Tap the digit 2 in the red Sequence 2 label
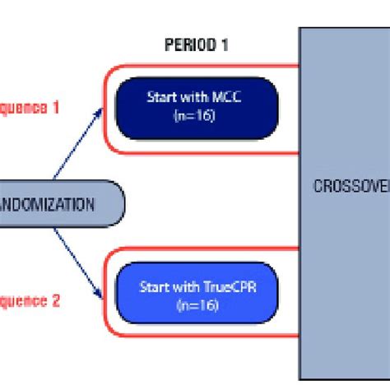tap(56, 301)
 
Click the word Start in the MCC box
tap(160, 98)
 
